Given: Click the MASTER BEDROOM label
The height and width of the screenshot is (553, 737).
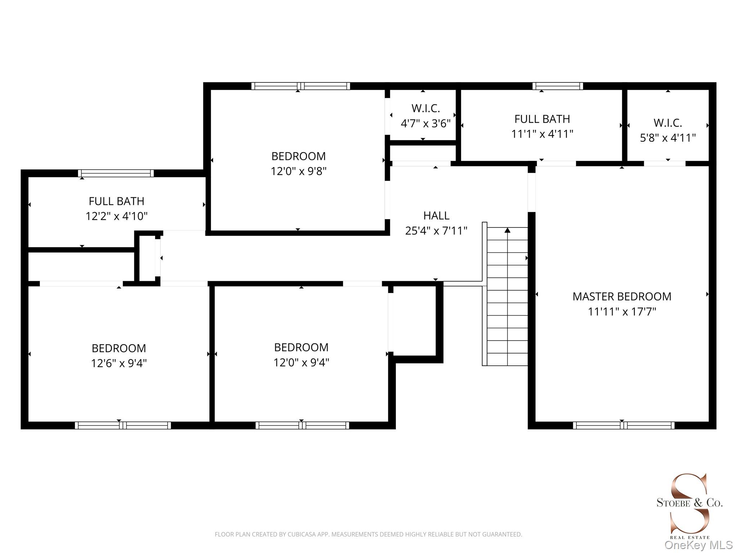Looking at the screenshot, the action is coord(622,296).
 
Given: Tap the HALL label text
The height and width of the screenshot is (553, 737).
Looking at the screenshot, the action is coord(436,216).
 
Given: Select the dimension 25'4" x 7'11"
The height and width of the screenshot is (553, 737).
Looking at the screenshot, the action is coord(436,230).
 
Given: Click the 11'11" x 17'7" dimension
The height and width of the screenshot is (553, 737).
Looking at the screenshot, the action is coord(622,311).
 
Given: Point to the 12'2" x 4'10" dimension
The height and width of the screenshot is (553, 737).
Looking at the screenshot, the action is coord(117,216).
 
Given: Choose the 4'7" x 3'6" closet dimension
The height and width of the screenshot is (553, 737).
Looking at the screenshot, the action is coord(426,123).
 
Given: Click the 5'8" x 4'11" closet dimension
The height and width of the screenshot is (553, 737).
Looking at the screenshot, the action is coord(668,138).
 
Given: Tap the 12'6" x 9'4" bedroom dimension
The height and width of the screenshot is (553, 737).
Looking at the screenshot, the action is coord(119,363).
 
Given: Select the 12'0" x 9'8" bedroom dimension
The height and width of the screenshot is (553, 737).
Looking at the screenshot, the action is coord(299,171).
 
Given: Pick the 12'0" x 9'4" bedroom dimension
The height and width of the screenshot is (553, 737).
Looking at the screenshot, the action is coord(302,362).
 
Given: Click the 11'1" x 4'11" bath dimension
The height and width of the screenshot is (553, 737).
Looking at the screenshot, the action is coord(542,134).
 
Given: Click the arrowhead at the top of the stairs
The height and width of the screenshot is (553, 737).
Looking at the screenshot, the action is coord(507,230).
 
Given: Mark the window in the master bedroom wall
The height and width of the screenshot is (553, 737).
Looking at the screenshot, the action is coord(624,425).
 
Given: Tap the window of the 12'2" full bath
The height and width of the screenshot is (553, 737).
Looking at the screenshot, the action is coord(116,173).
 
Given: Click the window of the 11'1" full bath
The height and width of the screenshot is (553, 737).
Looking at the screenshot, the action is coord(558,86).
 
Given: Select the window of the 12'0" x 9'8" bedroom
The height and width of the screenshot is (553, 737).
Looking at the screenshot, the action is coord(300,86).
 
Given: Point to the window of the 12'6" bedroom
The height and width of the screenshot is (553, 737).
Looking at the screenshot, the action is coord(123,425).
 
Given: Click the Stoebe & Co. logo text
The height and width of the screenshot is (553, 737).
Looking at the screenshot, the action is coord(689,503).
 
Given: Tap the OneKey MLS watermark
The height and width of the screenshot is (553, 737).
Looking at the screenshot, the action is coord(698,545).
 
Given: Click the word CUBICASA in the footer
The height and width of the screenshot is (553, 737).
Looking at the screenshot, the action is coord(302,534).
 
